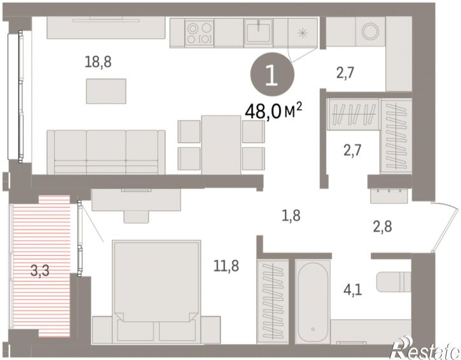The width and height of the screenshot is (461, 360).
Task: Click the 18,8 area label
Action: point(98,62)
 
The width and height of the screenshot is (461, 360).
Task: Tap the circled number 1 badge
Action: point(272,74)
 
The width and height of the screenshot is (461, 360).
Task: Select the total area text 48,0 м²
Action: point(273,111)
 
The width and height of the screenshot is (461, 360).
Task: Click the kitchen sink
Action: point(258,32)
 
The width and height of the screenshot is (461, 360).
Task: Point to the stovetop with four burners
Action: point(199,32)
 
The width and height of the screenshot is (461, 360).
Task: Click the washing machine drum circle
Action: point(370,31)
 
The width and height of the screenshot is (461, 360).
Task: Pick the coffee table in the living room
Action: point(106,91)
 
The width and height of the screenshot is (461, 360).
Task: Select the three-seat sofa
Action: point(106,152)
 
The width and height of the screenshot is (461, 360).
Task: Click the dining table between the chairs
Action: point(221,145)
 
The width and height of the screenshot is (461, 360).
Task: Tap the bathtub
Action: point(313,301)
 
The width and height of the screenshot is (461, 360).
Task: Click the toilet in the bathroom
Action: point(394,282)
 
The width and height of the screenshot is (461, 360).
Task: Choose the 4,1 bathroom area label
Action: point(352,290)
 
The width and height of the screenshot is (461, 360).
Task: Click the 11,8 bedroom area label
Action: point(226,266)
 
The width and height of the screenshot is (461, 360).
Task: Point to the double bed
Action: point(156,291)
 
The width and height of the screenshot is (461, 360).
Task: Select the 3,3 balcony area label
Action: point(39,271)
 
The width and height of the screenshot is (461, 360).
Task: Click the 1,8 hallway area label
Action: point(291,216)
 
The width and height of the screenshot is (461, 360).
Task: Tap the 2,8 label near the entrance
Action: point(382,227)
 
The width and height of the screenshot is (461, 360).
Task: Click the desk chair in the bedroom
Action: point(136,217)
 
